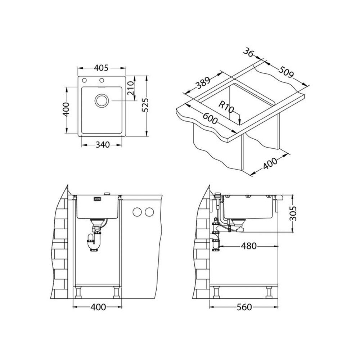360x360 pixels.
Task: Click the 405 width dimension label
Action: [x=101, y=68]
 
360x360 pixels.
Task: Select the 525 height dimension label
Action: [x=145, y=105]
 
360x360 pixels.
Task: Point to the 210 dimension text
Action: [x=131, y=88]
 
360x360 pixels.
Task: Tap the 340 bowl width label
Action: [x=102, y=145]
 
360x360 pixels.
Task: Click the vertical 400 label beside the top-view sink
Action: [x=66, y=109]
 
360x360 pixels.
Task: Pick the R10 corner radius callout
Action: [x=226, y=107]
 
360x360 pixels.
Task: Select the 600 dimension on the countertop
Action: [x=210, y=118]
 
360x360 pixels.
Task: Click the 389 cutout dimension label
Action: [x=203, y=84]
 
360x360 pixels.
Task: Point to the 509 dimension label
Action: [x=286, y=72]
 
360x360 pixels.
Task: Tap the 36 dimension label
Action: [x=248, y=52]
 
